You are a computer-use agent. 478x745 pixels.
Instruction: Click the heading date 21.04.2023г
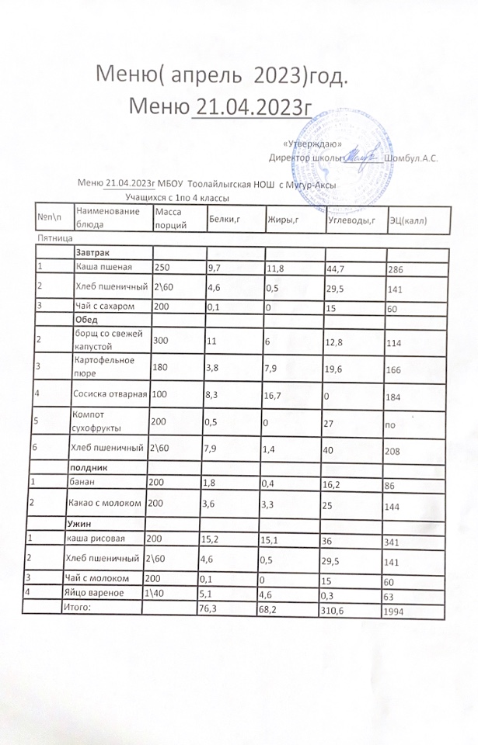click(252, 106)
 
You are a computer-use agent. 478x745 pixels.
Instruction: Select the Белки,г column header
click(224, 221)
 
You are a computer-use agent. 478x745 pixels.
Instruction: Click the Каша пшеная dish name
click(103, 268)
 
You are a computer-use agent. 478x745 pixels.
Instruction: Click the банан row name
click(86, 483)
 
